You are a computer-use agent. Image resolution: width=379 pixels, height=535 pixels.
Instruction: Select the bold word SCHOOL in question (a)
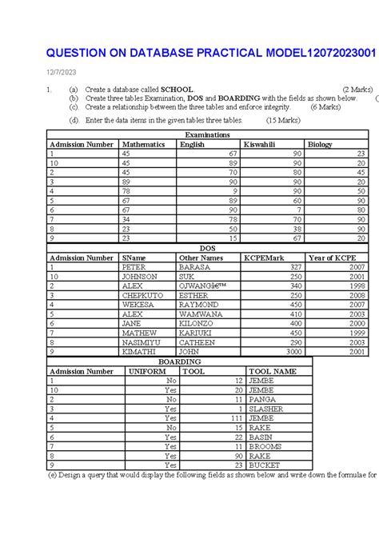click(x=177, y=90)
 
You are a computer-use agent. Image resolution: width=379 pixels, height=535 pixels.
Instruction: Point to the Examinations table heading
click(x=207, y=135)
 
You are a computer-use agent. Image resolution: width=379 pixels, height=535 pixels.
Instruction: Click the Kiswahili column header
click(x=261, y=145)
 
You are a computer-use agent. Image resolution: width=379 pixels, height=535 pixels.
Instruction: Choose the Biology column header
click(x=321, y=145)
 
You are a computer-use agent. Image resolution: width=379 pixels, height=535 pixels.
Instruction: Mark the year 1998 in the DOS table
click(x=357, y=285)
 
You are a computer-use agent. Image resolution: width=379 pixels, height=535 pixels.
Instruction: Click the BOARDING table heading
click(x=179, y=361)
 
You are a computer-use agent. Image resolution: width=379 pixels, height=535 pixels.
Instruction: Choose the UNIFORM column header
click(x=147, y=371)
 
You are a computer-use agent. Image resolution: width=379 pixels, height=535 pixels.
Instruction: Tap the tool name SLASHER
click(x=267, y=409)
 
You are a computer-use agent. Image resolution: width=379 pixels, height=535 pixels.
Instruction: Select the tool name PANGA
click(x=262, y=399)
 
